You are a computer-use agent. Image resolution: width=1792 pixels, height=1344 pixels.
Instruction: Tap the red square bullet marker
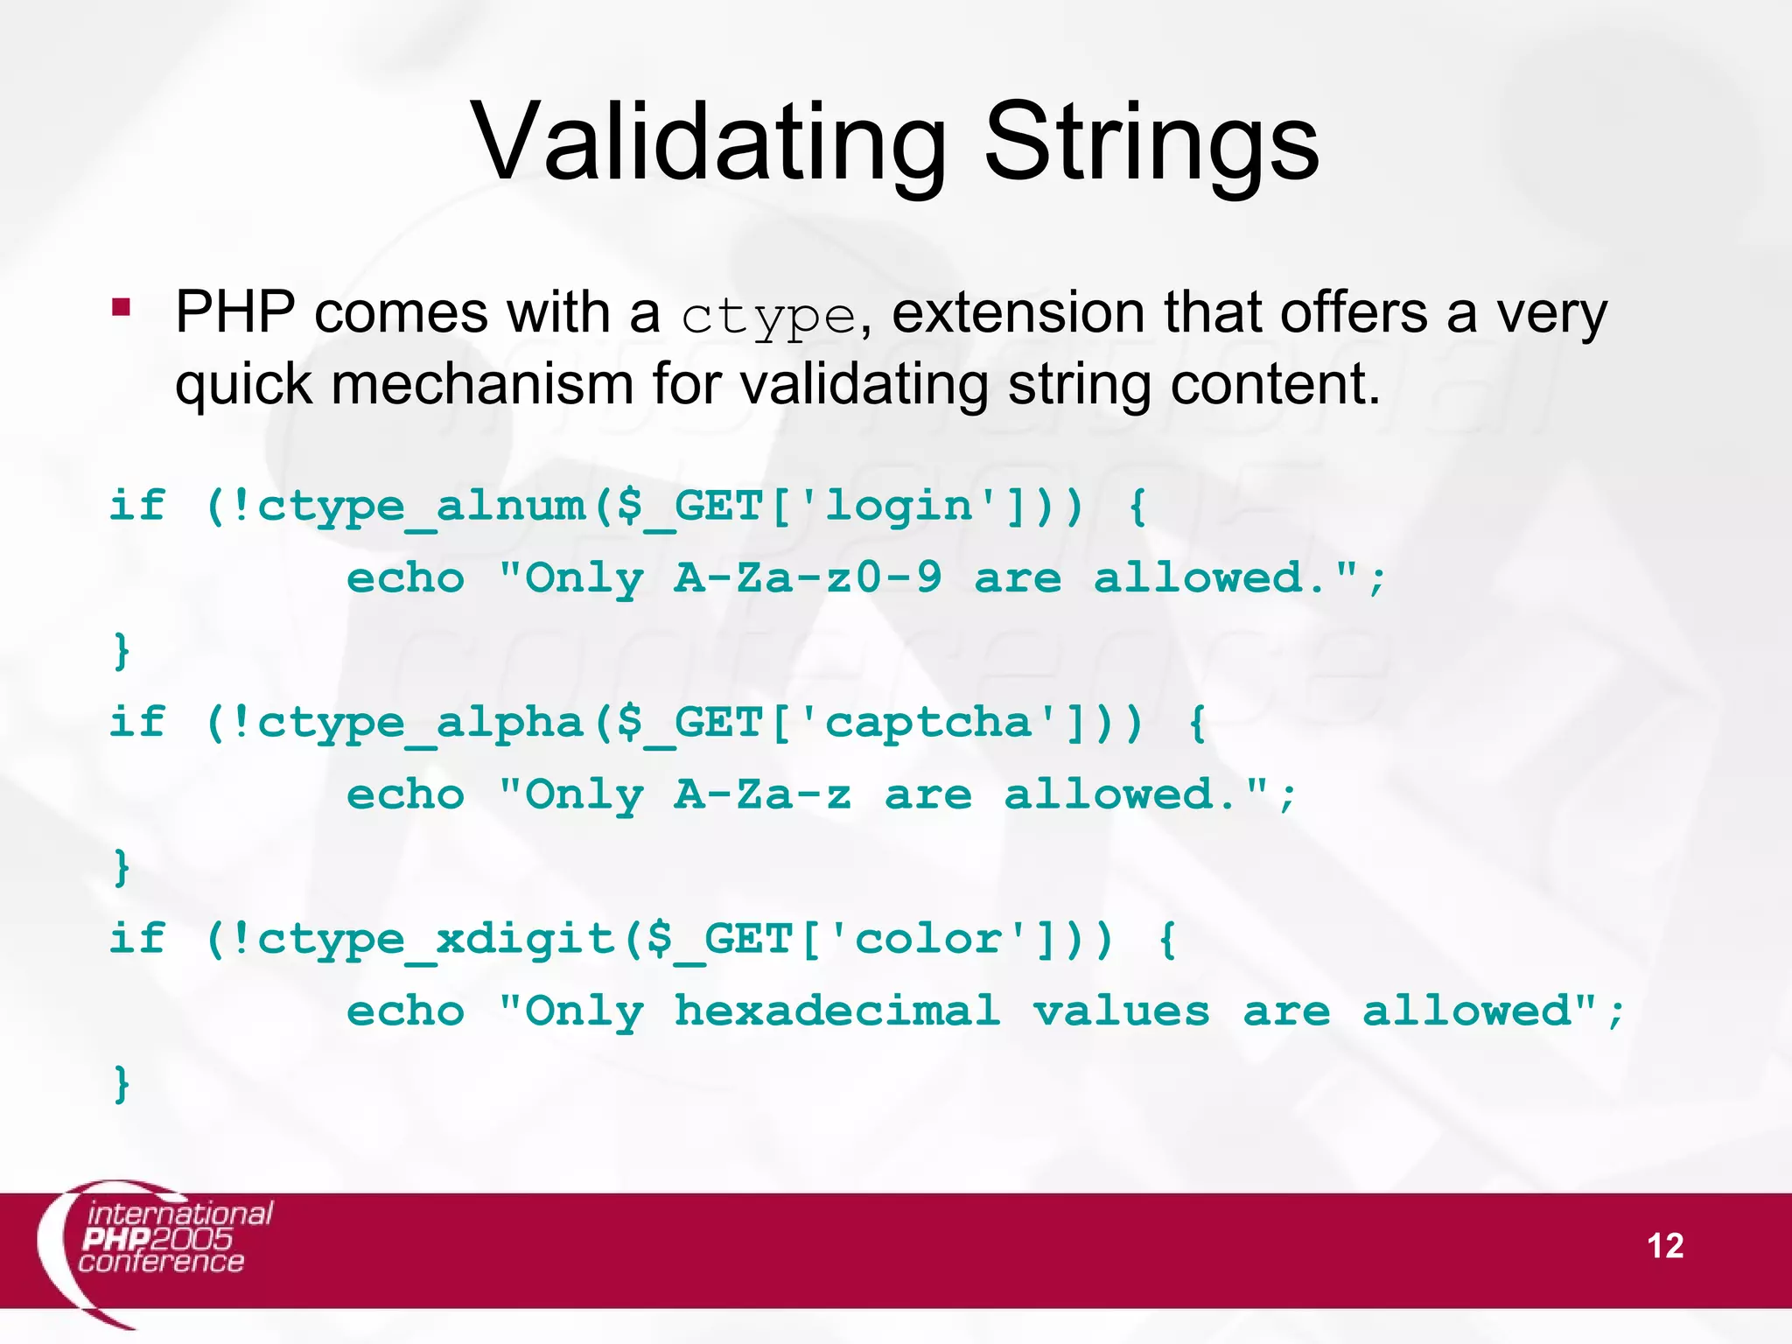(121, 308)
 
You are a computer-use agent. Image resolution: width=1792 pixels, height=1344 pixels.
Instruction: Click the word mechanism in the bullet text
(482, 385)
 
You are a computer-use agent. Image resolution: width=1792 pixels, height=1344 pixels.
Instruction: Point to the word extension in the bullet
(1018, 312)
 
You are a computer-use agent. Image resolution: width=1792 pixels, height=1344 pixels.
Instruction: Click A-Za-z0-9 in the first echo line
(808, 578)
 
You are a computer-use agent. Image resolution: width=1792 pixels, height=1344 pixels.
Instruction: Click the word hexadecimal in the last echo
(837, 1012)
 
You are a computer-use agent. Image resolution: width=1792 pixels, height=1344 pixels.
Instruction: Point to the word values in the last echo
(1122, 1012)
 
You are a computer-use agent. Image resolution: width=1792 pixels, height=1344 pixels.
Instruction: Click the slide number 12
(1664, 1246)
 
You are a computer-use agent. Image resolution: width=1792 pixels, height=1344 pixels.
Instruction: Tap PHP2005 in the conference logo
(157, 1239)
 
